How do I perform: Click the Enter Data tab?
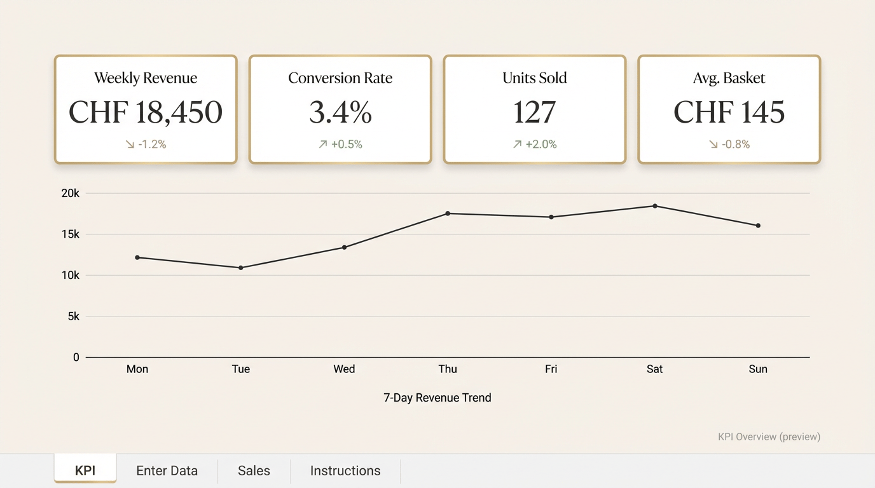point(167,471)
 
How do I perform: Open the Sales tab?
point(254,471)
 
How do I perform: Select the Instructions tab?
point(345,471)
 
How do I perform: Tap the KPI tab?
point(85,471)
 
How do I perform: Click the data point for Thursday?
point(448,213)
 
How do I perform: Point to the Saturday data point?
point(655,206)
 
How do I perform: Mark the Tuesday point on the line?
point(241,268)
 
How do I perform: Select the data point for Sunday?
point(758,226)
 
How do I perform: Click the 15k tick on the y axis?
point(71,234)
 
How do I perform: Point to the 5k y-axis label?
point(74,316)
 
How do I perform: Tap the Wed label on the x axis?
point(344,369)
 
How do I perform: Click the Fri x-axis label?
point(551,369)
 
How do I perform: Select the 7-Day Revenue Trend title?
point(437,398)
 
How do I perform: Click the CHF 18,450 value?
point(146,112)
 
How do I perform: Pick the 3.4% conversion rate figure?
point(340,112)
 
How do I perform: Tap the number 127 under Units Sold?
point(535,112)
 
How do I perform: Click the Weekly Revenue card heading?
point(146,78)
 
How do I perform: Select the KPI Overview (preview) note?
point(769,437)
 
